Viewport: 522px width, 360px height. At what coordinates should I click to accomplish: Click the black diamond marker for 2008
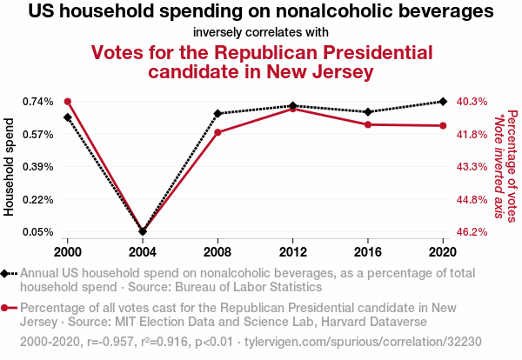click(x=217, y=114)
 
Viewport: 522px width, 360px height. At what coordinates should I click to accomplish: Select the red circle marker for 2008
click(x=217, y=132)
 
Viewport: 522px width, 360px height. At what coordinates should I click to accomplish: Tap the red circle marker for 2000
click(x=67, y=102)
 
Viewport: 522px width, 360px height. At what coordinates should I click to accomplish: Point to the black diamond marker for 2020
click(x=444, y=102)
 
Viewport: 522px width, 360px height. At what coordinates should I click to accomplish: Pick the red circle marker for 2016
click(x=368, y=124)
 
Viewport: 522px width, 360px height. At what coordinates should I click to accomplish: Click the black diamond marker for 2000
click(x=67, y=117)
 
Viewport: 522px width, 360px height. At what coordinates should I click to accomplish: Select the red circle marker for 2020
click(x=444, y=125)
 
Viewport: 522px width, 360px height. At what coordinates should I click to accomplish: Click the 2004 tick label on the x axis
click(x=143, y=252)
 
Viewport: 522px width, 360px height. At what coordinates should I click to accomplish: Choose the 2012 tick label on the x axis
click(x=293, y=252)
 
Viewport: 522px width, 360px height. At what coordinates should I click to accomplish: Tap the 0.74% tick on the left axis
click(x=37, y=102)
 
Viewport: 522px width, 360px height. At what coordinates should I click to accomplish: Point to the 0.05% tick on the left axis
click(x=37, y=232)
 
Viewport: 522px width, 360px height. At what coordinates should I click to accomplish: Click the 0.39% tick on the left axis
click(x=37, y=167)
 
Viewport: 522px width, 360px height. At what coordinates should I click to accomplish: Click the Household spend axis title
click(x=10, y=167)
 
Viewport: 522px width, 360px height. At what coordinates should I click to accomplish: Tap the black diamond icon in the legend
click(x=8, y=273)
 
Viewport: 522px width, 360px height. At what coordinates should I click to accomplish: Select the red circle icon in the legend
click(x=8, y=308)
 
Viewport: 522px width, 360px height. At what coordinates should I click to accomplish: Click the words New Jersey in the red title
click(x=320, y=70)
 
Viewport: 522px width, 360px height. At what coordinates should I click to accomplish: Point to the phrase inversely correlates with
click(x=261, y=33)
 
